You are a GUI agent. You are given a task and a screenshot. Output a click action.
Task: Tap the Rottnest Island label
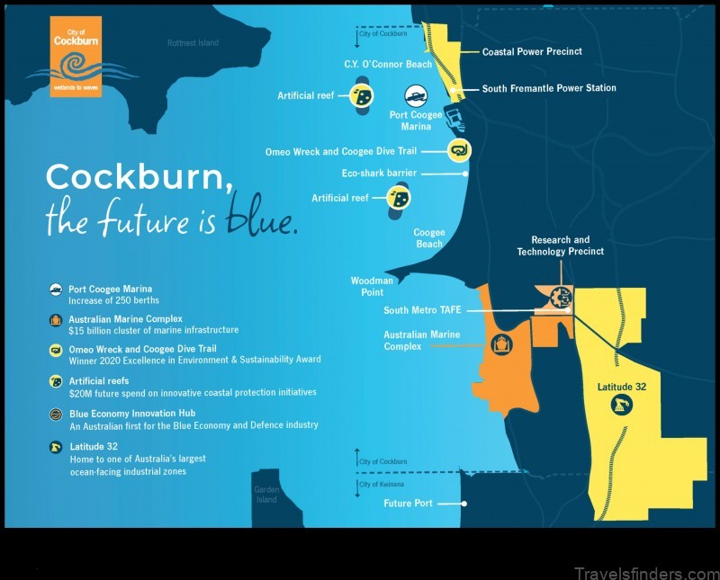193,42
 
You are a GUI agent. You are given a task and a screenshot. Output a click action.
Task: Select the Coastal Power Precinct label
531,52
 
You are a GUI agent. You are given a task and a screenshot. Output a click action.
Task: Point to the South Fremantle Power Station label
549,88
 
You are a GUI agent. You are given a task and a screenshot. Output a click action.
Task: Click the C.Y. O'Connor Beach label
388,65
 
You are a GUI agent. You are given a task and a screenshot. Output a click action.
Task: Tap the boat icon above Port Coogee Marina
416,96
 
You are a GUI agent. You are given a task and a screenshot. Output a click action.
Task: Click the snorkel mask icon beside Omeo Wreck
459,150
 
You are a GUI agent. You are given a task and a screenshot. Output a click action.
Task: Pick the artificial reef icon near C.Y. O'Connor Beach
363,96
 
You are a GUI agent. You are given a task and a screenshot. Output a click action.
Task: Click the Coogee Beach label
428,238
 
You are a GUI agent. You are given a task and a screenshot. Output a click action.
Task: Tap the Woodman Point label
366,287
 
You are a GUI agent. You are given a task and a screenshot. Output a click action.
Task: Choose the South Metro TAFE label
422,310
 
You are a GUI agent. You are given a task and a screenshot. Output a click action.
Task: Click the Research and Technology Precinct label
560,246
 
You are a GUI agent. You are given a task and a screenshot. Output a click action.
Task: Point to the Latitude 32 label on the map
621,388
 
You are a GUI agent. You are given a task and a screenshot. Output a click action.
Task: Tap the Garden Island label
265,495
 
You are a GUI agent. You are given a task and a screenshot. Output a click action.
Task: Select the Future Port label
409,504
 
